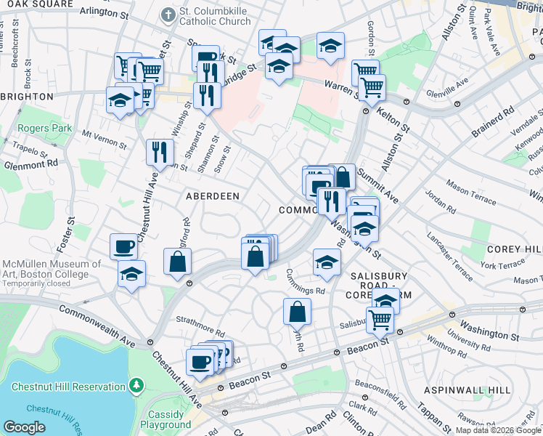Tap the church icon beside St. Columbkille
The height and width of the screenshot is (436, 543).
[168, 14]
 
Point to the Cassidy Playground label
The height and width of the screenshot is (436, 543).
[166, 419]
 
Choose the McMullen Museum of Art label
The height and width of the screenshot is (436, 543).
[51, 269]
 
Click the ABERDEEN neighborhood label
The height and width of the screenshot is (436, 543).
[213, 196]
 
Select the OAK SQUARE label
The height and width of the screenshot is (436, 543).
[37, 4]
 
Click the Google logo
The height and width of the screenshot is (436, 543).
[24, 427]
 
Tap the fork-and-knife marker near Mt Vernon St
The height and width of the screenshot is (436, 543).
[159, 153]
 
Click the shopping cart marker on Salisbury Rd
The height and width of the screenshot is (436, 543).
[380, 320]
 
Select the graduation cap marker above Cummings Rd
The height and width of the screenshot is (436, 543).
[327, 262]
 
